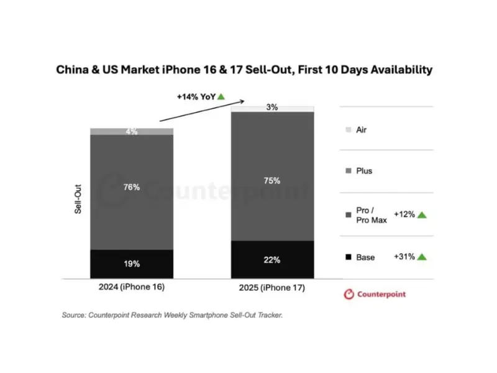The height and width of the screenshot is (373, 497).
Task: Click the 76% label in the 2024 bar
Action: pos(132,187)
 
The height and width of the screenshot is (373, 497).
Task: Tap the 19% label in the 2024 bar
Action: pos(132,264)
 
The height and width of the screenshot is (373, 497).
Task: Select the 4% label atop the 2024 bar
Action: pos(132,132)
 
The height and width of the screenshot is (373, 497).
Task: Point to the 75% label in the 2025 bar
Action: pos(272,181)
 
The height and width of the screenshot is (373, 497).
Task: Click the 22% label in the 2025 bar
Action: pos(272,259)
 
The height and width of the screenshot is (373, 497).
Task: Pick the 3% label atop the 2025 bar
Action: pos(272,108)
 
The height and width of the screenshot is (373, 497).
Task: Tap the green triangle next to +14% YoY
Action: pos(221,96)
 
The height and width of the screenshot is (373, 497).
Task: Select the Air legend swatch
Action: pos(348,130)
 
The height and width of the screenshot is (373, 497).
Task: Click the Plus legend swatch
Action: pos(348,170)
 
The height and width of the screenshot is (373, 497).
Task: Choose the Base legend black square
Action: pos(348,257)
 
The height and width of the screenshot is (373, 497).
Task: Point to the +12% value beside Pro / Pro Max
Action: pos(404,214)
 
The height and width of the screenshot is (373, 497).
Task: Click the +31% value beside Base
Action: pos(404,256)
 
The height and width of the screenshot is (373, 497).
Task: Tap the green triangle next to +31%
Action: pos(422,256)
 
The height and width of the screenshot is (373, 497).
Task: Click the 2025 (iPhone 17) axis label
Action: pos(273,290)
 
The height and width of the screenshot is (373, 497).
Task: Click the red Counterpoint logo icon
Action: pos(349,294)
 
